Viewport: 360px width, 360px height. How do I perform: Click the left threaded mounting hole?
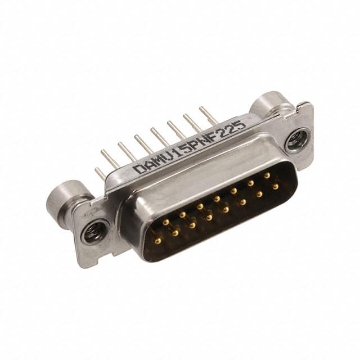pos(94,232)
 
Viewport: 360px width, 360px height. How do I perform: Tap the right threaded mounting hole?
pos(296,141)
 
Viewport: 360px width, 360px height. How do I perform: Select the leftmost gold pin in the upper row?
pos(165,222)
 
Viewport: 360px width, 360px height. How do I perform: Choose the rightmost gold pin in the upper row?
pos(267,175)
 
